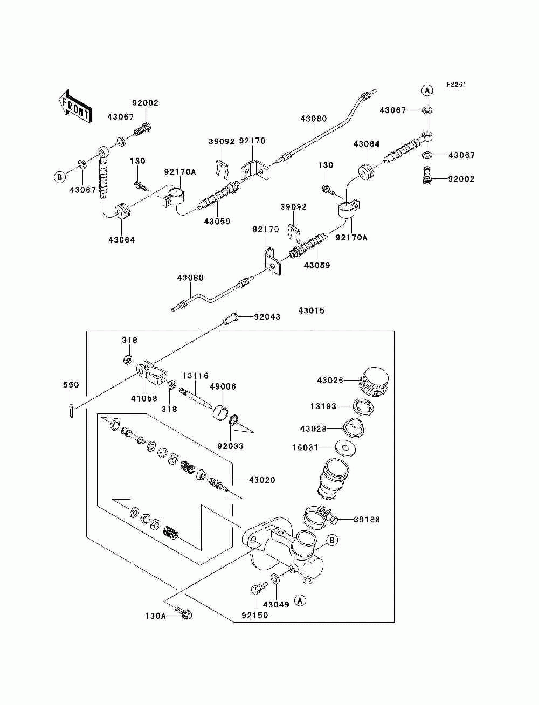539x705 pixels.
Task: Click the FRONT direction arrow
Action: pos(75,106)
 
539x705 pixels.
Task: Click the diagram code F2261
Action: pos(456,85)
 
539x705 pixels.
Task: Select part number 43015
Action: pos(311,310)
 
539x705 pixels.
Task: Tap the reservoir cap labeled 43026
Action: pos(374,383)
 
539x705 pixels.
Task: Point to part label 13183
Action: pos(323,406)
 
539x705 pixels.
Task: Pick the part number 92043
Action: pos(267,317)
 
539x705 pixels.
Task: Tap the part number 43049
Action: pos(276,604)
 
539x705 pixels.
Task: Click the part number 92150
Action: pos(255,615)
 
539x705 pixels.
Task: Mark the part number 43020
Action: pos(262,489)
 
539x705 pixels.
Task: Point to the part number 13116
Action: pos(196,376)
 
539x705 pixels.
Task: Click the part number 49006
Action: pos(223,386)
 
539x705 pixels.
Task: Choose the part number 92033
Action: pos(230,446)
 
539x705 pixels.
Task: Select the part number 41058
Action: pos(144,399)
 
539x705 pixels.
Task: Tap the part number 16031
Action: pos(305,447)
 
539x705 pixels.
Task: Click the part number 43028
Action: pos(313,429)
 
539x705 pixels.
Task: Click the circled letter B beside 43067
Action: pos(59,177)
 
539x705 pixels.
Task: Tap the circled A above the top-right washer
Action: pos(427,91)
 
